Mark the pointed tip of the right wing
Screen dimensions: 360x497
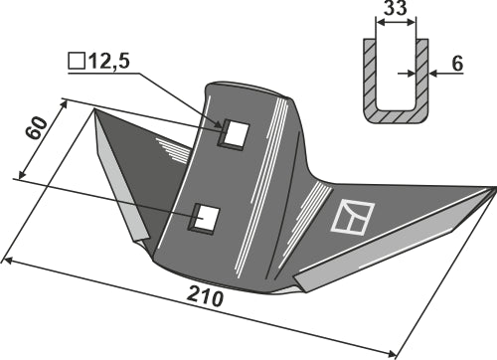pyautogui.click(x=494, y=186)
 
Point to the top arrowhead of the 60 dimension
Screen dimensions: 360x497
pyautogui.click(x=65, y=100)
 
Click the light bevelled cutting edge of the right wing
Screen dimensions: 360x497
pyautogui.click(x=398, y=239)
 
